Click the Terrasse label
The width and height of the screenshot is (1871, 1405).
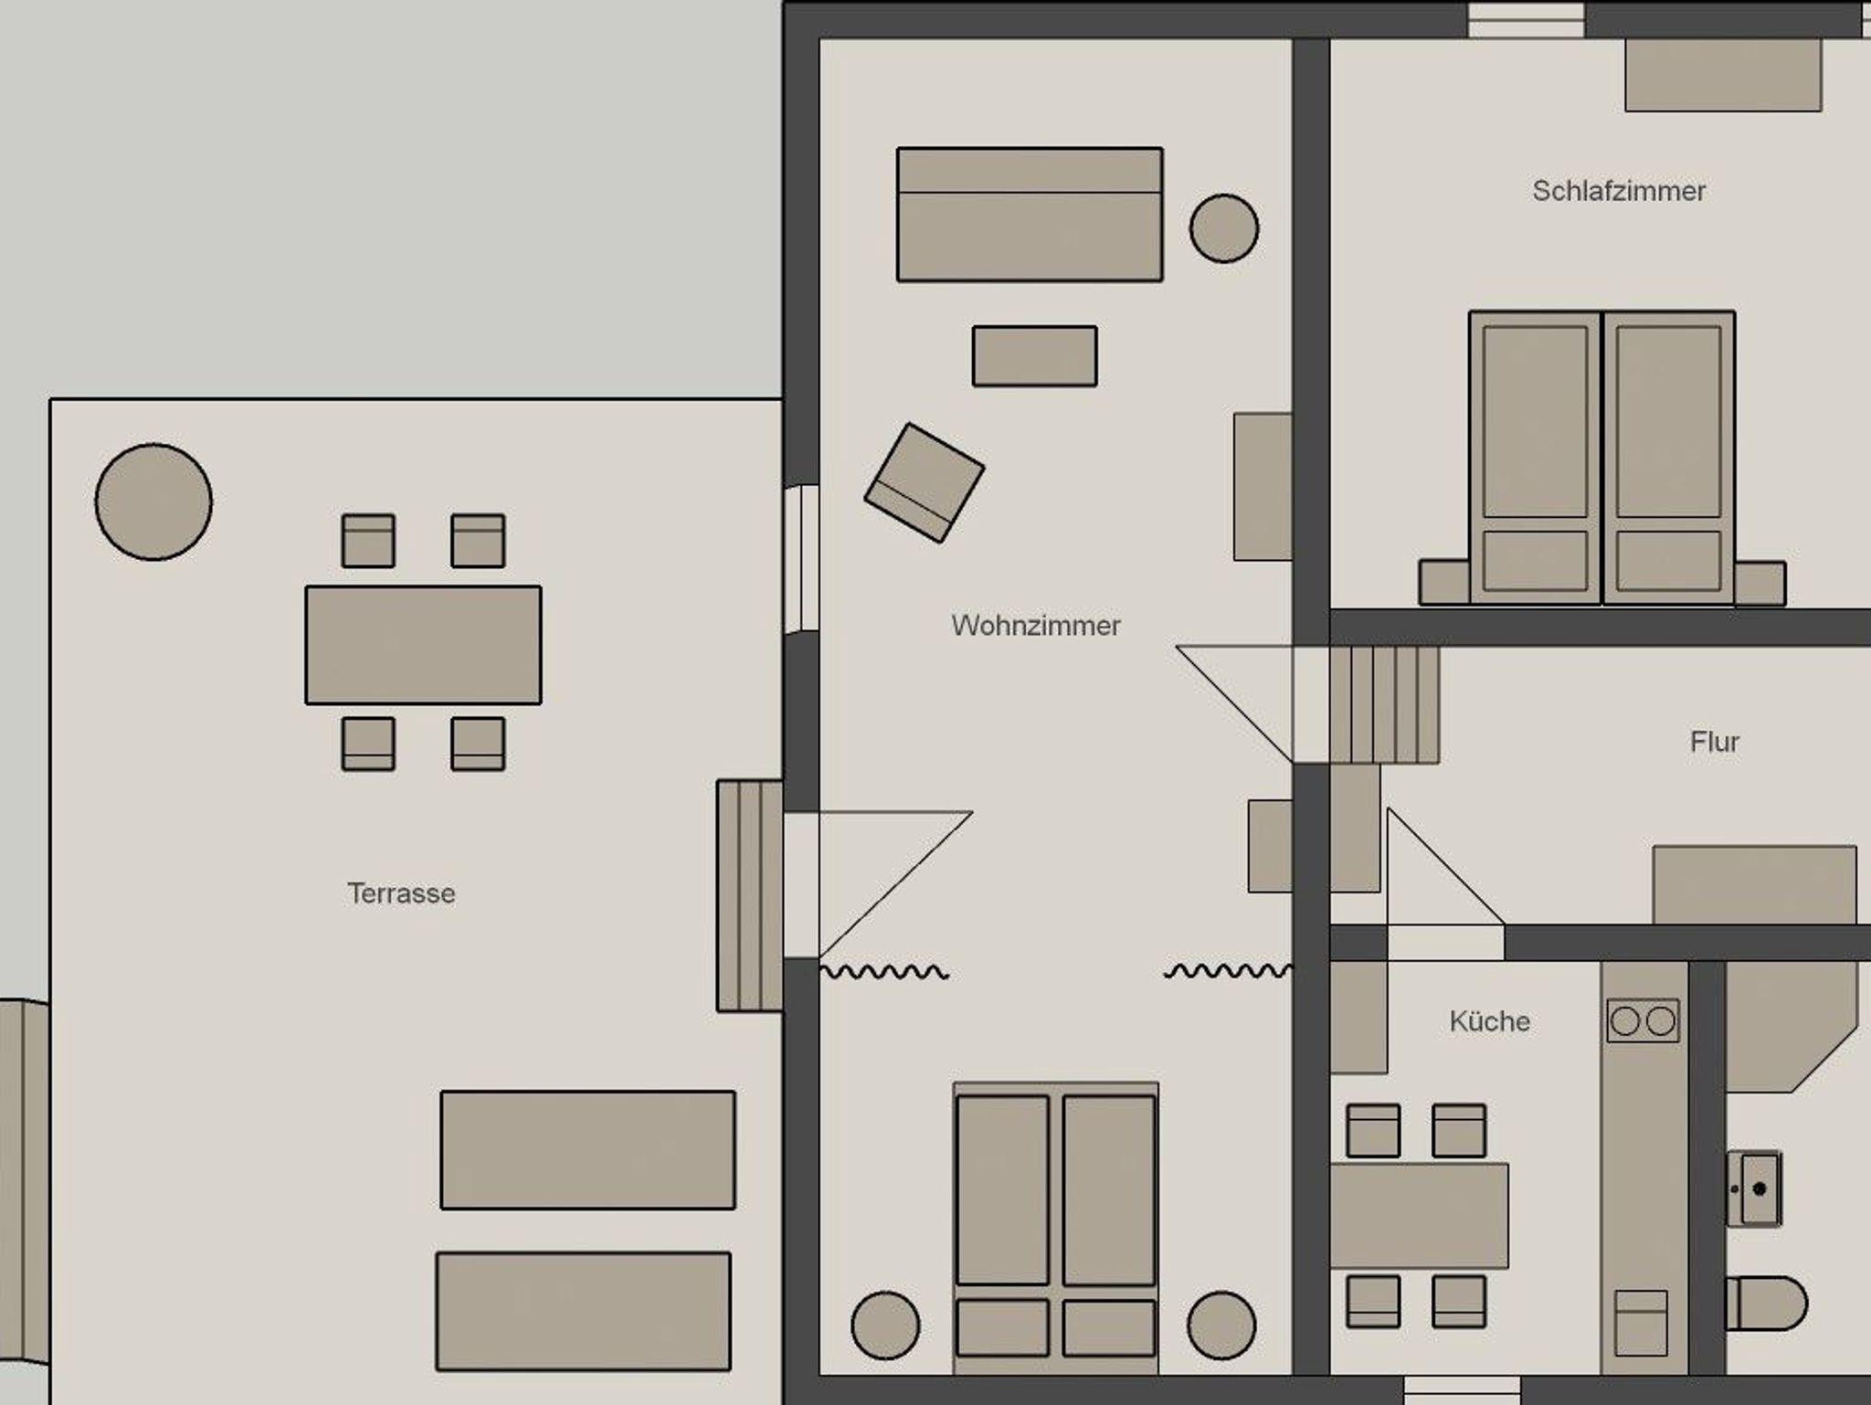[401, 893]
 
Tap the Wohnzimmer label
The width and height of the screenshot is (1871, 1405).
[1035, 626]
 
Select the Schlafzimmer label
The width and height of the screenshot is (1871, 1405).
[1619, 191]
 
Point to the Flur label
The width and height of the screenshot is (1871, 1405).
[1715, 742]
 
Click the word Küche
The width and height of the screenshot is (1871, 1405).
[1489, 1020]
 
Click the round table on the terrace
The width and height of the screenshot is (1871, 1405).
[153, 502]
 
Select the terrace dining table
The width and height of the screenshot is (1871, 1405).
[423, 645]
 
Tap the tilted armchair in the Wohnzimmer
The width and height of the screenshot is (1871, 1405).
[925, 482]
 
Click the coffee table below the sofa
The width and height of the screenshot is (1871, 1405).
[1034, 355]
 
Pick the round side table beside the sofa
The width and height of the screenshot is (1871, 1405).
[1224, 228]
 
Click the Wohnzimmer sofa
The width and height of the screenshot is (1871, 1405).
[1030, 214]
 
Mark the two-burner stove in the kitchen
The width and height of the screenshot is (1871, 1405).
[1643, 1020]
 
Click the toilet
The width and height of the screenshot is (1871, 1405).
[1765, 1303]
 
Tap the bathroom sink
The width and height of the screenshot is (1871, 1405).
[1753, 1188]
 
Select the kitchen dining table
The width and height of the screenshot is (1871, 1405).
[1419, 1216]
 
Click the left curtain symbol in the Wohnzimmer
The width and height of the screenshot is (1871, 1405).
[884, 972]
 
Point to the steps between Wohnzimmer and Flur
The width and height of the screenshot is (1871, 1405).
[1384, 704]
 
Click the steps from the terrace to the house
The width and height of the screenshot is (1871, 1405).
[750, 895]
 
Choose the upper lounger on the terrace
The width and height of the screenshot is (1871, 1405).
[587, 1149]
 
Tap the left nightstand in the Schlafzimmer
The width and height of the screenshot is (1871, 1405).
[1444, 582]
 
